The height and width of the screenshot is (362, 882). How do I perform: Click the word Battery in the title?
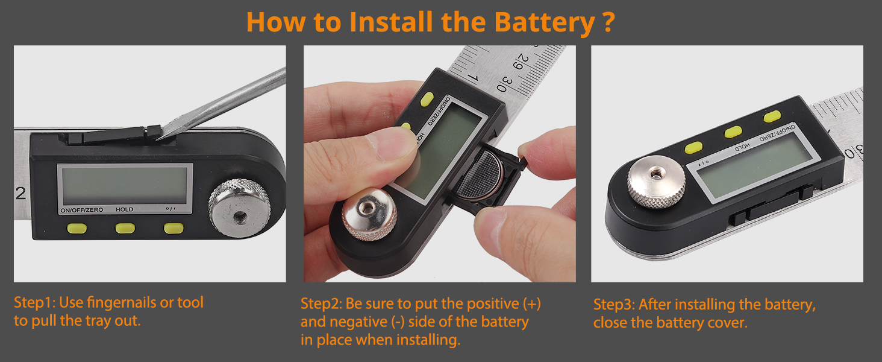pyautogui.click(x=545, y=22)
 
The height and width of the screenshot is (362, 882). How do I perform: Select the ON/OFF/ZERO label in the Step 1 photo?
pyautogui.click(x=81, y=210)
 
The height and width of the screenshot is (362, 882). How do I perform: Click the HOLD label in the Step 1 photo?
pyautogui.click(x=125, y=209)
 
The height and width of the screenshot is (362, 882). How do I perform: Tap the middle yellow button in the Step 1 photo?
pyautogui.click(x=125, y=228)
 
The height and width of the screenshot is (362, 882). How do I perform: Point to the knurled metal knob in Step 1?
pyautogui.click(x=239, y=208)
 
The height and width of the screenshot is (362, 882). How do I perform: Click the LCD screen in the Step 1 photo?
pyautogui.click(x=125, y=185)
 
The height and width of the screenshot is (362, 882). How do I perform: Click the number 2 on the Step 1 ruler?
pyautogui.click(x=20, y=193)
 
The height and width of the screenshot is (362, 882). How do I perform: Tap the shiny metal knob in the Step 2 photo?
pyautogui.click(x=369, y=214)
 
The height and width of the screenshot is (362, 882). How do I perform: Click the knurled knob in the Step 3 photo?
pyautogui.click(x=656, y=182)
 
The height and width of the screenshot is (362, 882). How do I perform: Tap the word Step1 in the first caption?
pyautogui.click(x=36, y=303)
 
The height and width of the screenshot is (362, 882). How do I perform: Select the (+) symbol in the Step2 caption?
pyautogui.click(x=532, y=303)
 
